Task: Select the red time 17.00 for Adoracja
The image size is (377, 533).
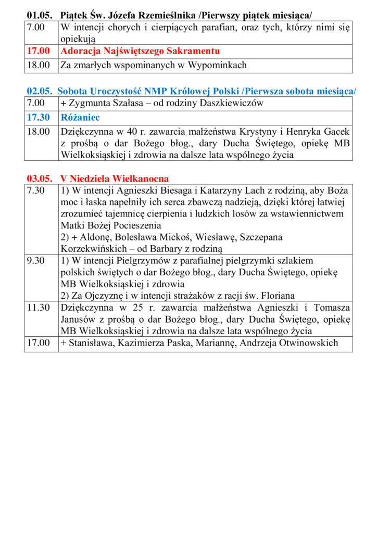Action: coord(38,51)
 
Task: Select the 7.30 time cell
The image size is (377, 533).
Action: coord(36,191)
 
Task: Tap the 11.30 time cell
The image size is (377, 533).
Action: coord(38,308)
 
